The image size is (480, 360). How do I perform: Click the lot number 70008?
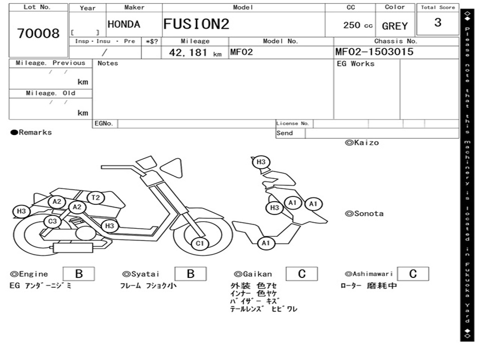pos(38,33)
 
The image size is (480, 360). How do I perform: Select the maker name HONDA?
pos(124,24)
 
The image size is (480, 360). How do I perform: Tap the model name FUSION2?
pos(196,24)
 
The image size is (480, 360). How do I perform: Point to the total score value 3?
pos(438,22)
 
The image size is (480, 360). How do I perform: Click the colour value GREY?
pos(395,26)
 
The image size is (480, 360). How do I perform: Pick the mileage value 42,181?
pos(188,52)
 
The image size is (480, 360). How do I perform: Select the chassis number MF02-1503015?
pos(374,52)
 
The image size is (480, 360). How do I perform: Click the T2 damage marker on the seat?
pos(96,198)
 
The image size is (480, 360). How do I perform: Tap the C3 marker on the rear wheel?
pos(52,221)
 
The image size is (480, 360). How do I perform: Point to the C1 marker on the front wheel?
pos(200,243)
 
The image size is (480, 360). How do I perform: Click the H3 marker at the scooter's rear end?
pos(21,211)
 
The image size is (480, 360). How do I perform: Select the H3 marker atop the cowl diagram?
pos(261,162)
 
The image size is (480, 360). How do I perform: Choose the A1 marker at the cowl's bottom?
pos(266,243)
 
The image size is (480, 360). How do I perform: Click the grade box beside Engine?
pos(79,274)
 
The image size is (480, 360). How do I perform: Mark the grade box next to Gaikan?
pos(302,274)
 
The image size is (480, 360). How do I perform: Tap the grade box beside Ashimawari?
pos(413,274)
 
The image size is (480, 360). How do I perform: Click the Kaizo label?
pos(362,142)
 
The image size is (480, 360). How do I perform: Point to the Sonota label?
pos(364,214)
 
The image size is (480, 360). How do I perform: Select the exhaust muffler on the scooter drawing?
pos(73,247)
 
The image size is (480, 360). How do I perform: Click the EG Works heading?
pos(355,64)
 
